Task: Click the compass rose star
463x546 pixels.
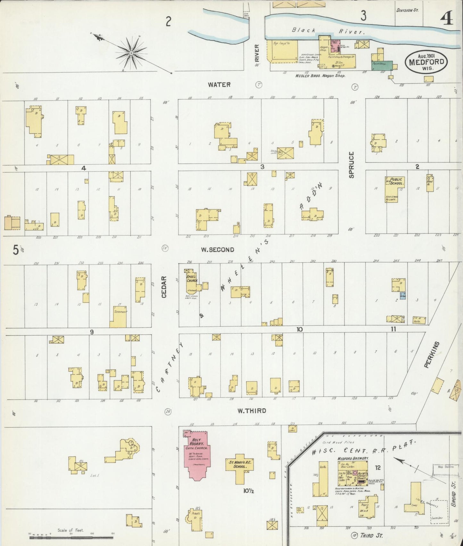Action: point(131,52)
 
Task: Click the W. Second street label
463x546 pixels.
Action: point(218,250)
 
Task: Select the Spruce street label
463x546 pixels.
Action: point(351,165)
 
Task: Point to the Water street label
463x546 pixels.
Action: point(219,85)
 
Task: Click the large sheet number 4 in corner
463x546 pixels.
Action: point(446,19)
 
